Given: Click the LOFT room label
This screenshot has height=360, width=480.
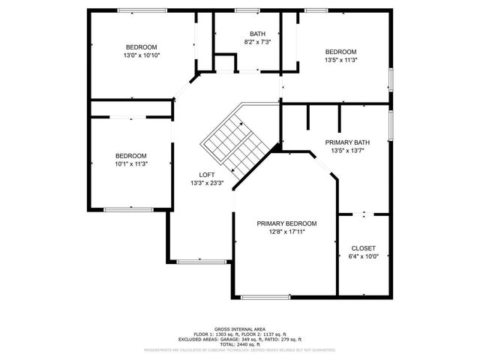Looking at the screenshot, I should click(206, 174).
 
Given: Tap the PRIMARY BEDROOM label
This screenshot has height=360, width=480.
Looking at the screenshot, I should click(286, 223).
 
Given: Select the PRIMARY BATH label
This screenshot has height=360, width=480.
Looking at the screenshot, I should click(347, 142).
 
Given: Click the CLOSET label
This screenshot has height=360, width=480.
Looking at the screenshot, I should click(364, 248).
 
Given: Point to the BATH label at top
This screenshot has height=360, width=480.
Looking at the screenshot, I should click(257, 34).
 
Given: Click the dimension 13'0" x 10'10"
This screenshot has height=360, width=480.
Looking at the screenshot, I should click(142, 55).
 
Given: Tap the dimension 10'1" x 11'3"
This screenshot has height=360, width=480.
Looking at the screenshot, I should click(131, 164).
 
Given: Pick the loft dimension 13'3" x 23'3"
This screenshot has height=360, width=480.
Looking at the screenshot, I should click(206, 183).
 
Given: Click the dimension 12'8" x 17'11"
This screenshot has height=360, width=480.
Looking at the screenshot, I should click(286, 232).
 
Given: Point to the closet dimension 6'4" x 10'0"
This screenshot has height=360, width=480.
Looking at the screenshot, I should click(364, 257).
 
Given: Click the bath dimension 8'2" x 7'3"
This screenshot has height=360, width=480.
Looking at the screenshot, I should click(257, 43).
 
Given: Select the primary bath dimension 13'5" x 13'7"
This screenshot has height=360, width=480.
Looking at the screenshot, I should click(347, 151).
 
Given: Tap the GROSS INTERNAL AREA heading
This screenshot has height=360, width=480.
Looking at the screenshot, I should click(240, 329).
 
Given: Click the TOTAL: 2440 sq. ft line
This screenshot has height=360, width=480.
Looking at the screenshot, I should click(240, 344).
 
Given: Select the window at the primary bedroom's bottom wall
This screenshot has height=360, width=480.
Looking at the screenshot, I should click(265, 297).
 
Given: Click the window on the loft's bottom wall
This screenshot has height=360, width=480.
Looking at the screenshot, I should click(201, 261).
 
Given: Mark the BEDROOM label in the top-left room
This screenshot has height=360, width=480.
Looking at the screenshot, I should click(141, 47).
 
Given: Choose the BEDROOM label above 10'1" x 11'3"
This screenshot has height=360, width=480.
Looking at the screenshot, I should click(130, 155).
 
